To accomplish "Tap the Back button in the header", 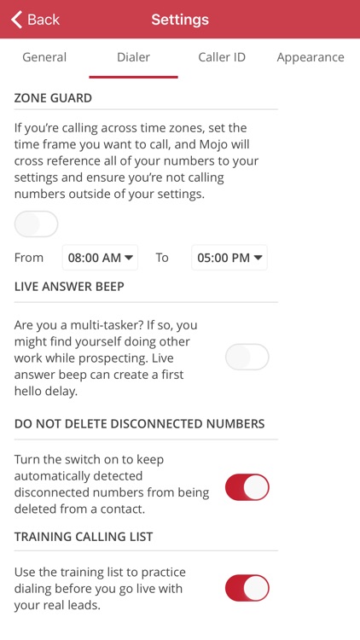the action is pos(36,20).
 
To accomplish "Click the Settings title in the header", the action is pos(180,20).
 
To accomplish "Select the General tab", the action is pos(44,57).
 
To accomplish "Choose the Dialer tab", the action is pos(133,57).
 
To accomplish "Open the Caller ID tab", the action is pos(222,57).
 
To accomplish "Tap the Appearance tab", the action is pos(311,57).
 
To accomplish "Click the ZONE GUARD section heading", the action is pos(53,98).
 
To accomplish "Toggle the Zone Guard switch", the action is pos(37,224).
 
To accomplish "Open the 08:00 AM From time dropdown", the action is pos(100,258).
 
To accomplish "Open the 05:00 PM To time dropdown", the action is pos(229,258).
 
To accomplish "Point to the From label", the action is pos(28,258).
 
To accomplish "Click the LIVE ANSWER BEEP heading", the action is pos(69,287).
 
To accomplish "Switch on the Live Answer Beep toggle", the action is pos(247,358).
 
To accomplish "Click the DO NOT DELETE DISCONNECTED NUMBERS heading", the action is pos(140,423).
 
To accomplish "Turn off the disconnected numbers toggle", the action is pos(247,487).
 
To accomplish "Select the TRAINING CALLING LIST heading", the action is pos(84,537).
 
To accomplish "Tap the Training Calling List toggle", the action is pos(247,588).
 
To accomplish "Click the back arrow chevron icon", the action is pos(16,20).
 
